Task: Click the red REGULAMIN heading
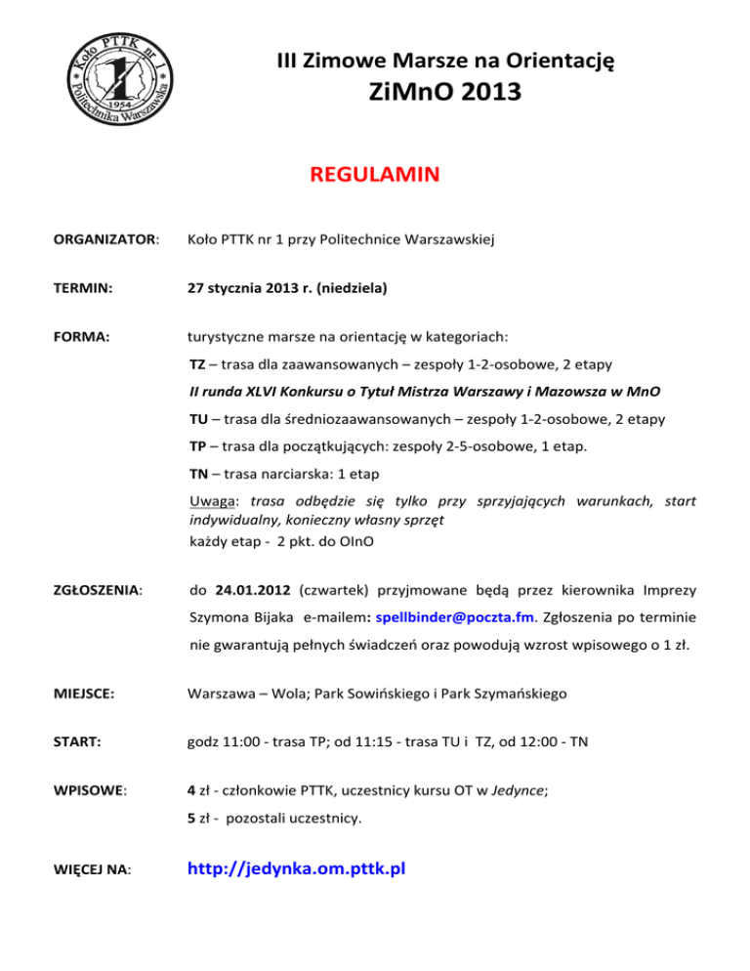coord(374,176)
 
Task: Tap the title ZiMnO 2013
coord(444,93)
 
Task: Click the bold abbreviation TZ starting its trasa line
coord(196,364)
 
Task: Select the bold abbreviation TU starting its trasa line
coord(197,419)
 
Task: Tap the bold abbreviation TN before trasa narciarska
coord(197,474)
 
